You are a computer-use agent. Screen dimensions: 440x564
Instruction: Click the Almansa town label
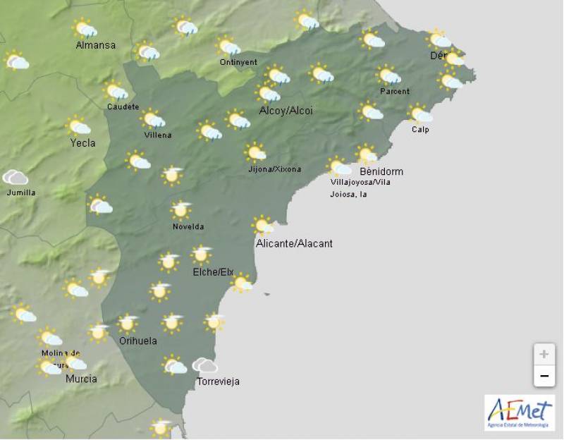coord(95,46)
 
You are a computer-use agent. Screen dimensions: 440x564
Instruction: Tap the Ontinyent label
coord(238,62)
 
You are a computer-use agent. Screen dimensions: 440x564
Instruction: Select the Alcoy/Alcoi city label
coord(286,111)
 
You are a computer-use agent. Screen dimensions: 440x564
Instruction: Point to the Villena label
coord(157,135)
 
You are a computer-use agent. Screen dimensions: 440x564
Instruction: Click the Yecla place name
coord(82,142)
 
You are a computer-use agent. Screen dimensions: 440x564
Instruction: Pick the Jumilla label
coord(20,192)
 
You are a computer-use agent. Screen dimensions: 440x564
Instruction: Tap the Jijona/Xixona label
coord(274,169)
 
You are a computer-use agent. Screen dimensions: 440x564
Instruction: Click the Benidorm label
coord(381,171)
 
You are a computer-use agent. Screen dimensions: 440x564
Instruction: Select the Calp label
coord(421,129)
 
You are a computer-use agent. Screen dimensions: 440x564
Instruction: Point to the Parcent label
coord(394,92)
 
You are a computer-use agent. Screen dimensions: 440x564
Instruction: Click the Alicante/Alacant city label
coord(294,243)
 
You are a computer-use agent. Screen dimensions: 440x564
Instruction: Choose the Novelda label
coord(188,226)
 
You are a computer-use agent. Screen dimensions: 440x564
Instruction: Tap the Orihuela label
coord(137,341)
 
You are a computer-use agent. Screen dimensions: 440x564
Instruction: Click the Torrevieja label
coord(218,381)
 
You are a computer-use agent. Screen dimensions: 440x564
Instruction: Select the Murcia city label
coord(81,379)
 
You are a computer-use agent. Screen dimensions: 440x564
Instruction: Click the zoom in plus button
coord(544,354)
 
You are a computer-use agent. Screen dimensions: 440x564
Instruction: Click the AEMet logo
coord(519,412)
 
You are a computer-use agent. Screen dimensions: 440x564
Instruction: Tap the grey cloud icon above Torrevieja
coord(205,365)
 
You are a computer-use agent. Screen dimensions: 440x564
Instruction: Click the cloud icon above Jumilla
coord(16,177)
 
